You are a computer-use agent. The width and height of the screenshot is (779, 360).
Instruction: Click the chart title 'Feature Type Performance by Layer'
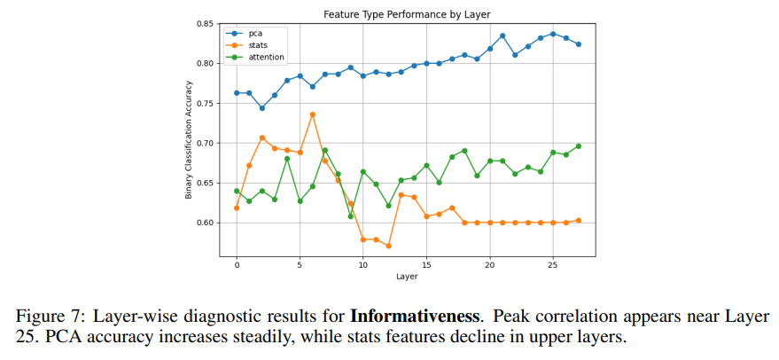click(408, 14)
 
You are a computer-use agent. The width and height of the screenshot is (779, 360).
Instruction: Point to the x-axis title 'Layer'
click(408, 277)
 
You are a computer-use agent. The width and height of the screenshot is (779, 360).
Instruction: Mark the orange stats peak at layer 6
click(313, 114)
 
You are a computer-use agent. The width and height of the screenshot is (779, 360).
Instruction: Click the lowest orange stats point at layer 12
click(388, 246)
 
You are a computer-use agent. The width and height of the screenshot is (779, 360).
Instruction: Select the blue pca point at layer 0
click(237, 93)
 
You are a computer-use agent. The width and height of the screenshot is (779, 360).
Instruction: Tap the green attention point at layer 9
click(350, 215)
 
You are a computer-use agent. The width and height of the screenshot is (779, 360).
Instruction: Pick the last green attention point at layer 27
click(579, 146)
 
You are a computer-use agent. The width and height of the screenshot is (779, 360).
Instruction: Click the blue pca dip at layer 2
click(262, 108)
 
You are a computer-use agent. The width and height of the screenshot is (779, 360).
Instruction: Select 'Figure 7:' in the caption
click(46, 317)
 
